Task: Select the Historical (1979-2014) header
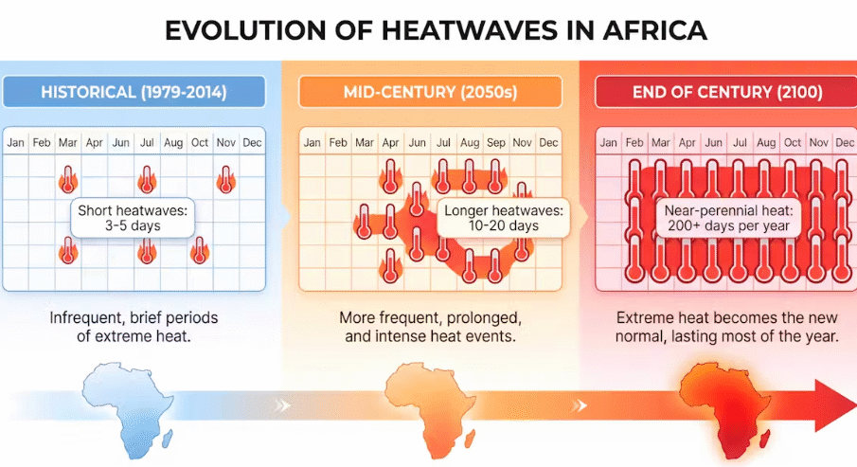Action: [x=133, y=93]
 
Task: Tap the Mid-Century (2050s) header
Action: [x=429, y=93]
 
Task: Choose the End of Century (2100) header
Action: [x=721, y=93]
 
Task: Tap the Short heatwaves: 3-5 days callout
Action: [x=133, y=218]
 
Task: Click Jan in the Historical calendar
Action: [x=16, y=143]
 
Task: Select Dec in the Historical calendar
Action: [x=252, y=143]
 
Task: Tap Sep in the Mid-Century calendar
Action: [x=496, y=143]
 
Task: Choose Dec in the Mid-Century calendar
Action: [x=548, y=143]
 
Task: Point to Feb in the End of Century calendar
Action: [x=634, y=143]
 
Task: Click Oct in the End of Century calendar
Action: [x=793, y=143]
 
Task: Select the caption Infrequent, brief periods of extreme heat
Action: [x=133, y=327]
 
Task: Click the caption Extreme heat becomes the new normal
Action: [x=726, y=327]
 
